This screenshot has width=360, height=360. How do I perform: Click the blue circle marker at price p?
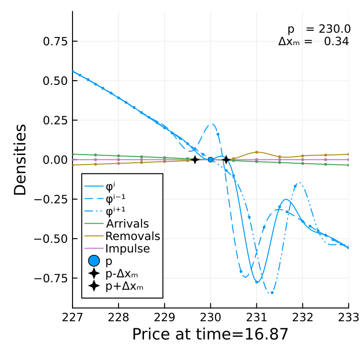click(211, 159)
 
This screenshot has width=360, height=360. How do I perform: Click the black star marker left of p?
click(195, 159)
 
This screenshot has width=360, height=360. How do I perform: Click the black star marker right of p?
click(226, 159)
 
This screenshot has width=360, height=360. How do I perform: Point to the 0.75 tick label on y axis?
click(55, 42)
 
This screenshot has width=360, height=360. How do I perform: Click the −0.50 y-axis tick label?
click(51, 239)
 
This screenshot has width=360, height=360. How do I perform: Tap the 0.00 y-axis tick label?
click(55, 160)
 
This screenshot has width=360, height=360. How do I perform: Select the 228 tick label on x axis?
click(119, 318)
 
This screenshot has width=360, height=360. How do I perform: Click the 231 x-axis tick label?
click(256, 318)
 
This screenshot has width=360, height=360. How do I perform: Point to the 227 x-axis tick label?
click(72, 318)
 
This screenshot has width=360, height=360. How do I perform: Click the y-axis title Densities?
click(20, 160)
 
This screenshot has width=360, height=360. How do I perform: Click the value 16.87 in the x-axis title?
click(266, 334)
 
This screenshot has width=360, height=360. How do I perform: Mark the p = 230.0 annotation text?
click(319, 29)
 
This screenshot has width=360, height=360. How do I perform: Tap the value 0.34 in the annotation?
click(336, 42)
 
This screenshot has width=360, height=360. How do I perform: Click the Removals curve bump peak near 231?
click(256, 152)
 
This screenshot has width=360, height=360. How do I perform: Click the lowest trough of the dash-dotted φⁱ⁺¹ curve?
click(271, 293)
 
